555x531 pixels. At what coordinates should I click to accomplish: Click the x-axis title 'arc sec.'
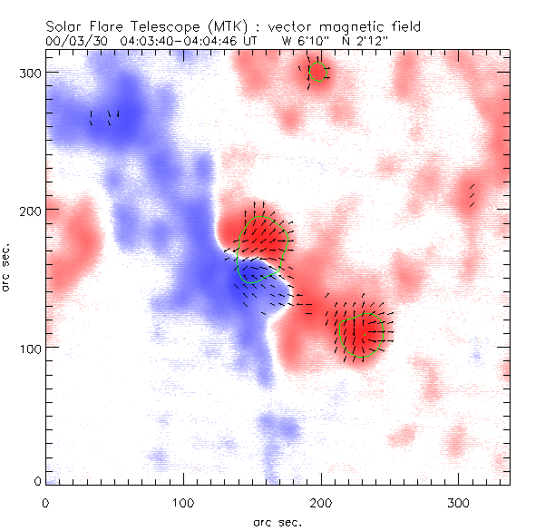277,521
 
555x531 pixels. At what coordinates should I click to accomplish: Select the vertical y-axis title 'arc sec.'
9,269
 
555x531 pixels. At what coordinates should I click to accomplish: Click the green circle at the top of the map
317,71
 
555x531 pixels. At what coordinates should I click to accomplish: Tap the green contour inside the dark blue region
257,271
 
